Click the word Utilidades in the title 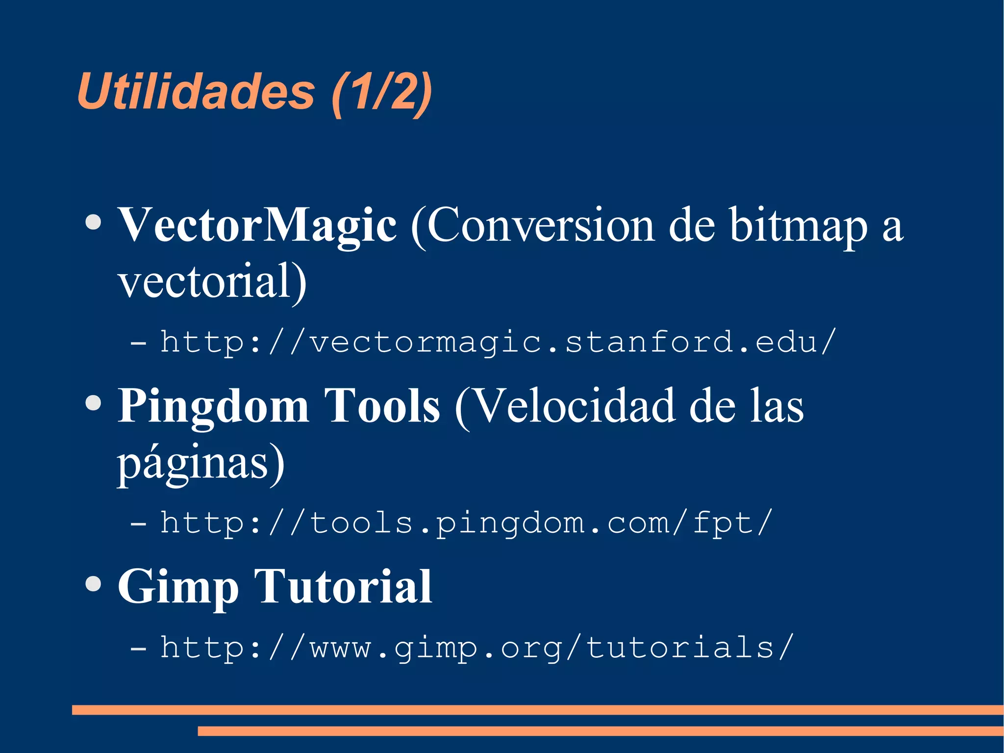point(196,92)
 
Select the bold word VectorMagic point(257,225)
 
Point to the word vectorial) point(212,281)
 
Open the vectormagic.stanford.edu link point(498,342)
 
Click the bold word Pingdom point(213,407)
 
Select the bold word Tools point(382,406)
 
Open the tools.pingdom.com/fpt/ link point(466,523)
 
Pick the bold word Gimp point(177,587)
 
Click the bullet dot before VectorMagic point(93,223)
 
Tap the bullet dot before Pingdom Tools point(93,403)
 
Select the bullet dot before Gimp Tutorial point(93,584)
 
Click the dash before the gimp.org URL point(138,648)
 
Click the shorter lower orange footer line point(601,731)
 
